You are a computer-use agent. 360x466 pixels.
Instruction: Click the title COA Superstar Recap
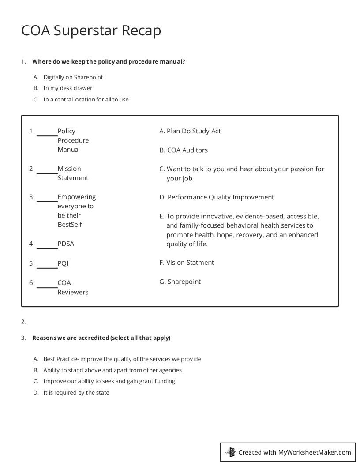click(91, 30)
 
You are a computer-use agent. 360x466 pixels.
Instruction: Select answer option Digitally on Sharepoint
click(73, 77)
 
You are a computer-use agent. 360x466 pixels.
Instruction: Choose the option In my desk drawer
click(67, 88)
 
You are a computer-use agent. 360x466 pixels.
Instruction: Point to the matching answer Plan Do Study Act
click(190, 131)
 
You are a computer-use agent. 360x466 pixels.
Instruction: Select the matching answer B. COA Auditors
click(184, 150)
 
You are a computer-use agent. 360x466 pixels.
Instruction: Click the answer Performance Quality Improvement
click(217, 197)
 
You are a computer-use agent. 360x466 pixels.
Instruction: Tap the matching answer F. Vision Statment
click(187, 263)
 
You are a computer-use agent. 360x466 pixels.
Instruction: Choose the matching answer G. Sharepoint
click(180, 282)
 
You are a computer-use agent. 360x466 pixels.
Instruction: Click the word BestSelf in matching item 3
click(70, 225)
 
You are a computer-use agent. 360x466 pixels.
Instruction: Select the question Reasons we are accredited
click(101, 338)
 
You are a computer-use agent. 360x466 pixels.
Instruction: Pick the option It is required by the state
click(76, 392)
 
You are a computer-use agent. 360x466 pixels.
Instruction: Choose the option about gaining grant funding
click(109, 381)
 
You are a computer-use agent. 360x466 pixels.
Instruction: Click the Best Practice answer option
click(122, 359)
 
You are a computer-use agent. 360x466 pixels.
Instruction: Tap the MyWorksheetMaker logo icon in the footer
click(230, 452)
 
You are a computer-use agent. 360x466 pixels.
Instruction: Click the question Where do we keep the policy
click(109, 62)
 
